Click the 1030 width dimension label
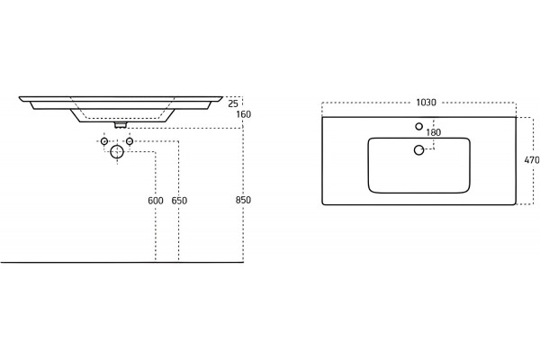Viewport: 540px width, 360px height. (426, 103)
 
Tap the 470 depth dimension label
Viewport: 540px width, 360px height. (532, 160)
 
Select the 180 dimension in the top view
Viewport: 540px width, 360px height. (434, 132)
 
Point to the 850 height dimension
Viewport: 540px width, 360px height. (244, 200)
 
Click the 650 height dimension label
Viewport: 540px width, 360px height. (179, 201)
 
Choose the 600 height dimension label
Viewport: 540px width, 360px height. (156, 201)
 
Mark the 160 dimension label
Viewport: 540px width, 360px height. (244, 114)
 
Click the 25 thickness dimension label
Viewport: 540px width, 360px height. (233, 103)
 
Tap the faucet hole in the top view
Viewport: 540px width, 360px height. (419, 126)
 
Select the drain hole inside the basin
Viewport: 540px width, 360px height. (419, 150)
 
